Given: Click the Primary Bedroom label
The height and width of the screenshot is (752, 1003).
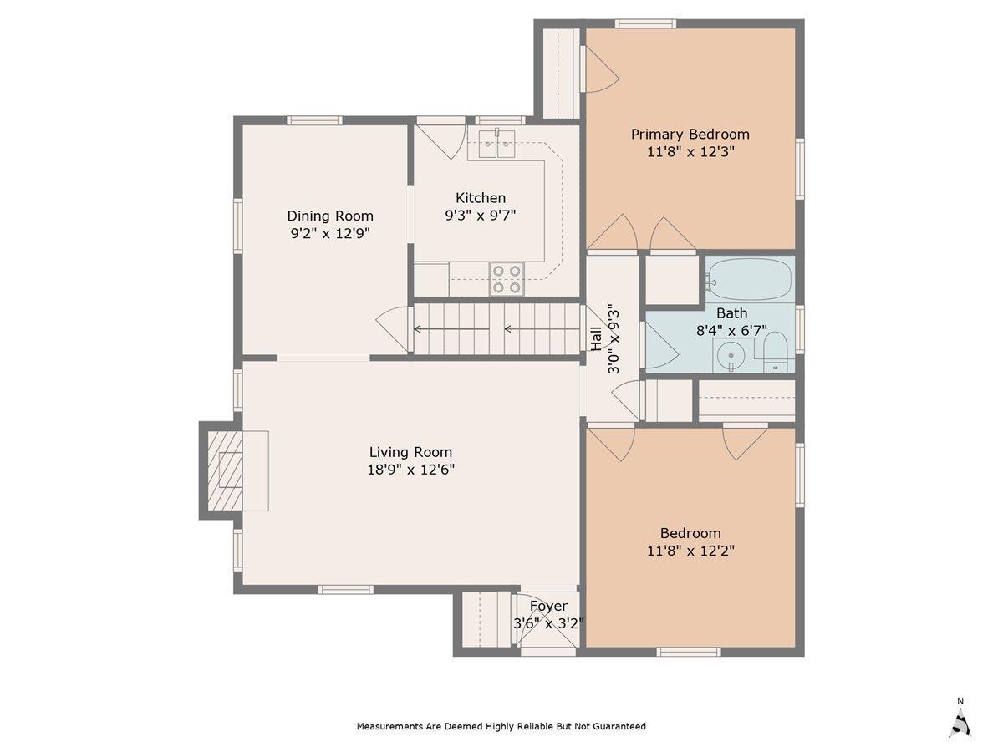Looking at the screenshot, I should pyautogui.click(x=690, y=134).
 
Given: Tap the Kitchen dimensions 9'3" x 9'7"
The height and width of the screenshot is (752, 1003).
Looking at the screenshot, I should pyautogui.click(x=480, y=216).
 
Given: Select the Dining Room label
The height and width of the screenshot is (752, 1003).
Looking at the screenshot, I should pyautogui.click(x=330, y=216).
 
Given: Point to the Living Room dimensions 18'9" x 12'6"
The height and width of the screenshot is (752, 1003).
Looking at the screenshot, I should pyautogui.click(x=410, y=470).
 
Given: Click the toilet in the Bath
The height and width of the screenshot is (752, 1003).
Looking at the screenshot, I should pyautogui.click(x=775, y=352).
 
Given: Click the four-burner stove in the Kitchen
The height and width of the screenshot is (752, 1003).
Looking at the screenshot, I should pyautogui.click(x=507, y=279).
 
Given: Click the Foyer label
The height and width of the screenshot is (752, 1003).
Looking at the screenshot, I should pyautogui.click(x=548, y=606).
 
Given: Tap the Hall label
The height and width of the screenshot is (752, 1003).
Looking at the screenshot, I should pyautogui.click(x=596, y=338).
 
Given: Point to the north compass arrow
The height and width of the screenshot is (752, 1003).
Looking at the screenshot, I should pyautogui.click(x=961, y=720).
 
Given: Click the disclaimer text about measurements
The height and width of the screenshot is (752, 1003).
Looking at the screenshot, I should pyautogui.click(x=501, y=726).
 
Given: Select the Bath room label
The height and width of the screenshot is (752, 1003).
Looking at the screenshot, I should pyautogui.click(x=731, y=313).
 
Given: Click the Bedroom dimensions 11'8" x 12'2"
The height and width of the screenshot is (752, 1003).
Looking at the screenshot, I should pyautogui.click(x=690, y=551).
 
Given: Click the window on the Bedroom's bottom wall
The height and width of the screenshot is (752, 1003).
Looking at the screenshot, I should pyautogui.click(x=688, y=652).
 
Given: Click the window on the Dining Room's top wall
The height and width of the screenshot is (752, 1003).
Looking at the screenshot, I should pyautogui.click(x=314, y=120).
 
